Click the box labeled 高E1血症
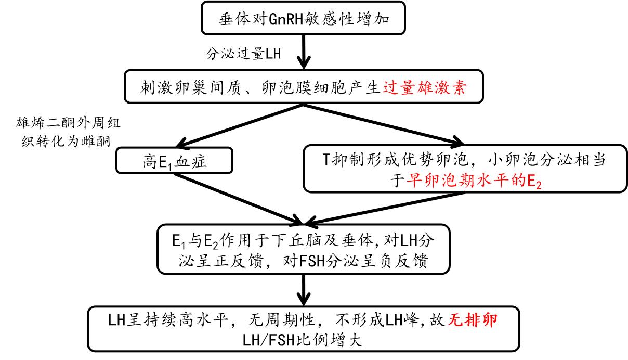[176, 162]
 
